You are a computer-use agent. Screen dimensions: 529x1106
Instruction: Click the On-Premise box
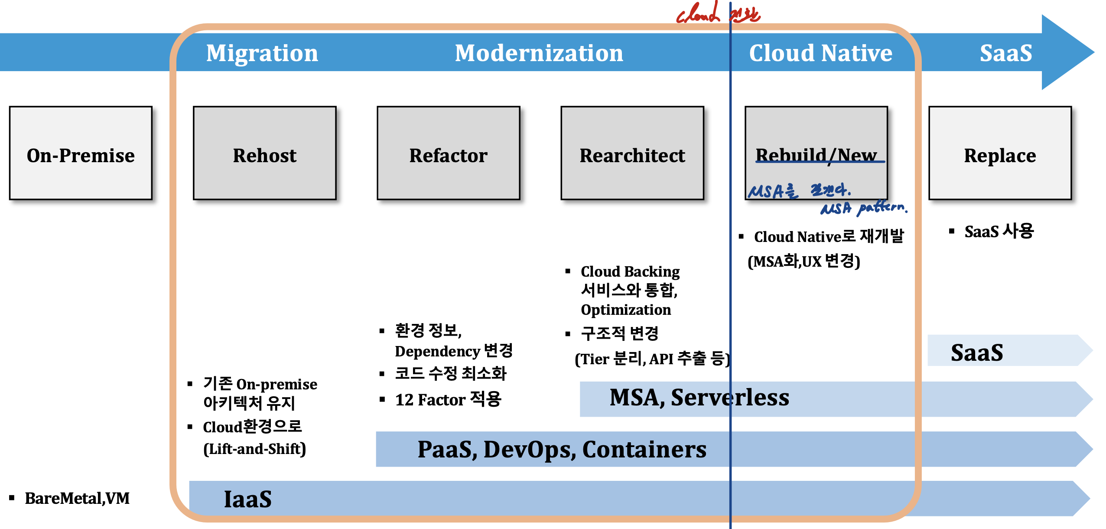[x=81, y=153]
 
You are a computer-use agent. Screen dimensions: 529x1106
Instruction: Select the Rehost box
[x=264, y=153]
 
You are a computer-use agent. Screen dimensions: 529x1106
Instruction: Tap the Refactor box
[x=448, y=153]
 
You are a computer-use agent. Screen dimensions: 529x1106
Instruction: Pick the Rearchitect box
[x=632, y=153]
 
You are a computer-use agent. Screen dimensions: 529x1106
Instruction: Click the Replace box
[x=999, y=153]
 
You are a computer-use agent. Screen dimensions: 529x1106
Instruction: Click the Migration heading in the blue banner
[x=262, y=53]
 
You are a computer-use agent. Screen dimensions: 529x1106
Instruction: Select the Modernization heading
[x=539, y=53]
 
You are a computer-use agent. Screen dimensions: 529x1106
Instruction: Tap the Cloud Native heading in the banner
[x=820, y=53]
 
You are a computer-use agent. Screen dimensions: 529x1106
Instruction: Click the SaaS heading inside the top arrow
[x=1005, y=53]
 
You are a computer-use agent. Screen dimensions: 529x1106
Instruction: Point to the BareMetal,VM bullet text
[x=77, y=498]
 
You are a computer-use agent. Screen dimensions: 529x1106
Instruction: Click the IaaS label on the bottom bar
[x=247, y=499]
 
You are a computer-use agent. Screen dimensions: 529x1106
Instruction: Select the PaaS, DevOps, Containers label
[x=562, y=449]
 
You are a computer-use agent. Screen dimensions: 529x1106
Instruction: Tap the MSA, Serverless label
[x=699, y=397]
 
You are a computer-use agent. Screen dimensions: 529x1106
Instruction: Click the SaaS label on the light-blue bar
[x=976, y=352]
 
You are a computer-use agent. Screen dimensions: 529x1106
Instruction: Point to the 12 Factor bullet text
[x=448, y=399]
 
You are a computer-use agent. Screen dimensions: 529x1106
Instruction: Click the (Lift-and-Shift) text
[x=254, y=448]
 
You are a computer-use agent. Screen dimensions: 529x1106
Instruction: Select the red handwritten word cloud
[x=698, y=14]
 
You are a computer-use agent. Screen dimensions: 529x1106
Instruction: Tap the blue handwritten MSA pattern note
[x=863, y=208]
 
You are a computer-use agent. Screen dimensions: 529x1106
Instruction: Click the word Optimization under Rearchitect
[x=625, y=310]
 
